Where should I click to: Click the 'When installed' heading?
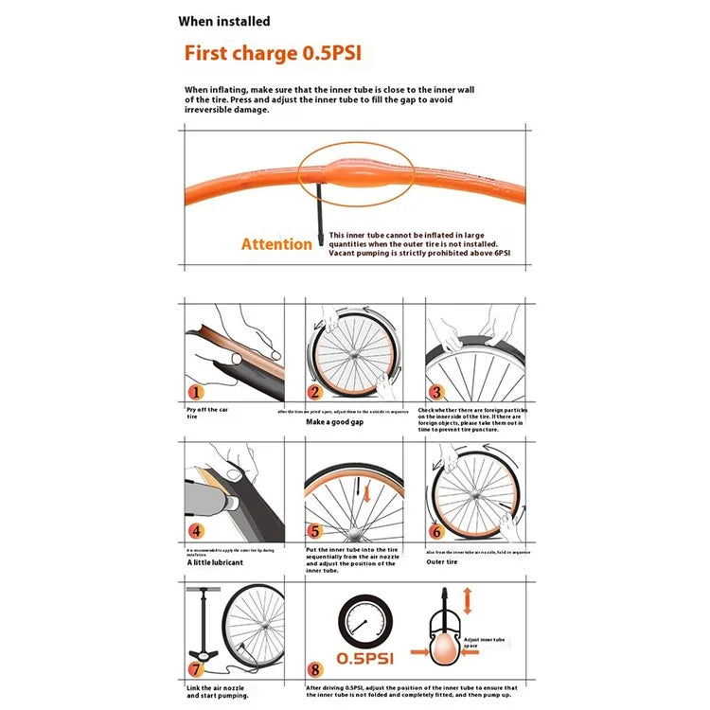pos(223,21)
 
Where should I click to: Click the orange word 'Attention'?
pos(276,244)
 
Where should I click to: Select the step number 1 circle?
pos(195,392)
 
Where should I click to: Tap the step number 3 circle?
pos(435,392)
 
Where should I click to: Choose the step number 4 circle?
pos(196,531)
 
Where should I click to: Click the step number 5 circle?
pos(315,532)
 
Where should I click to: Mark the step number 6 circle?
pos(435,532)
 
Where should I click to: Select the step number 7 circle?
pos(196,669)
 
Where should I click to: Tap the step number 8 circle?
pos(315,669)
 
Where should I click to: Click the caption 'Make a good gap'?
pos(332,421)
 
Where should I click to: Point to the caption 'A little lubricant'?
pos(215,562)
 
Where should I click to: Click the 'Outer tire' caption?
pos(441,560)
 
